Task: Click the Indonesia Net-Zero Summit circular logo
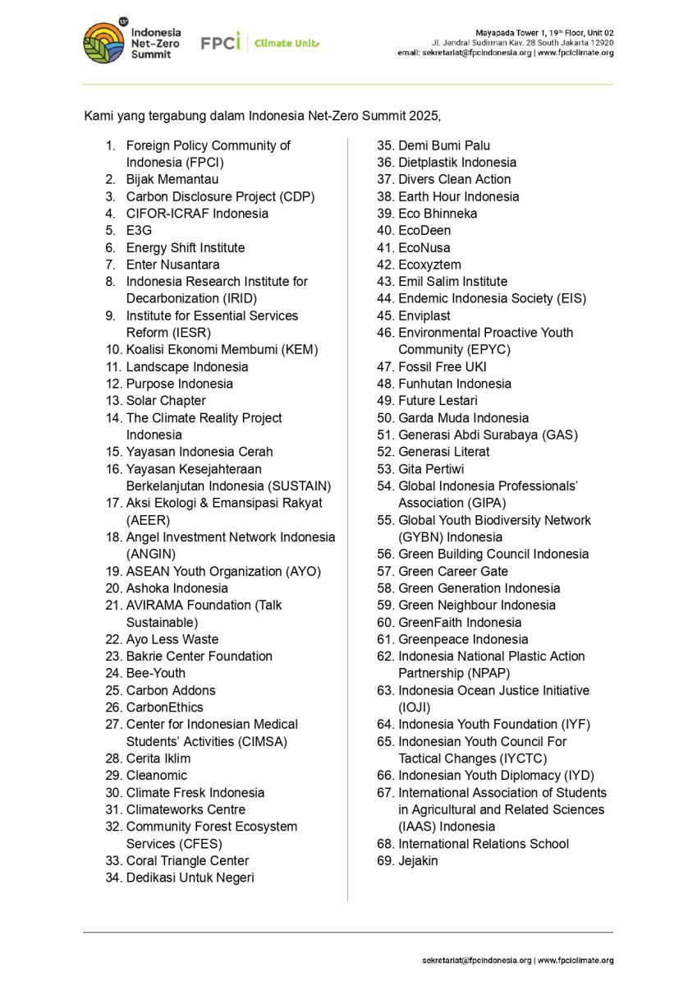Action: pos(103,43)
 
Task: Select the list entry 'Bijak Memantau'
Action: pos(172,179)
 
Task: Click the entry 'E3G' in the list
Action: pos(139,231)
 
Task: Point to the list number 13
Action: pos(113,401)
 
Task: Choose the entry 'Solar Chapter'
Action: pos(166,401)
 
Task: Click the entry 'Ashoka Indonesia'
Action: pos(177,588)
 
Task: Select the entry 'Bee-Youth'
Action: pos(156,673)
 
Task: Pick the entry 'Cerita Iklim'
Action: pos(158,758)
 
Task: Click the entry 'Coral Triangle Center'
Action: pos(187,860)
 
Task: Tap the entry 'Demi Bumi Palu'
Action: pos(444,145)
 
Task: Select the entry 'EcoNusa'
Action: pos(424,247)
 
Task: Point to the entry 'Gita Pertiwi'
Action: pos(431,469)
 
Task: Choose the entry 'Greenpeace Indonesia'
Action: pos(463,639)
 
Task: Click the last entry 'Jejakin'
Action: pos(418,860)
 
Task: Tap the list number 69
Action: pos(385,860)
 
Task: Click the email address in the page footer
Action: pos(477,961)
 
